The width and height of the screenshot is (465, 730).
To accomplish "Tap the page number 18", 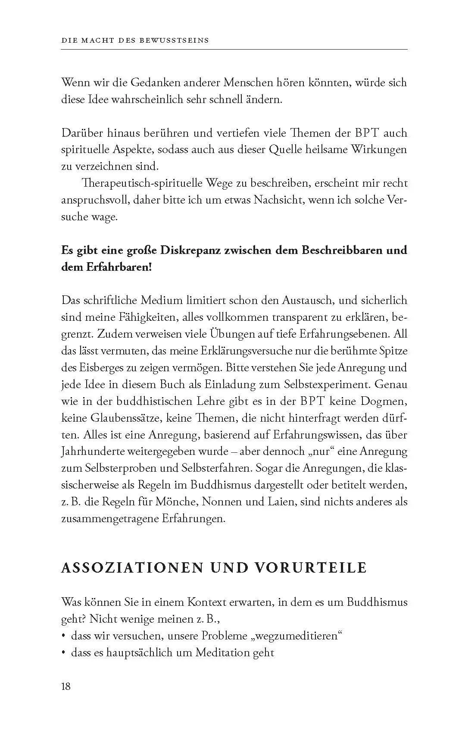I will pyautogui.click(x=66, y=686).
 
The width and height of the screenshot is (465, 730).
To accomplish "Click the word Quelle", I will pyautogui.click(x=286, y=150).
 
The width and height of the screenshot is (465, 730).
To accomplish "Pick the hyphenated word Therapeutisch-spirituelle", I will pyautogui.click(x=137, y=183).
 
